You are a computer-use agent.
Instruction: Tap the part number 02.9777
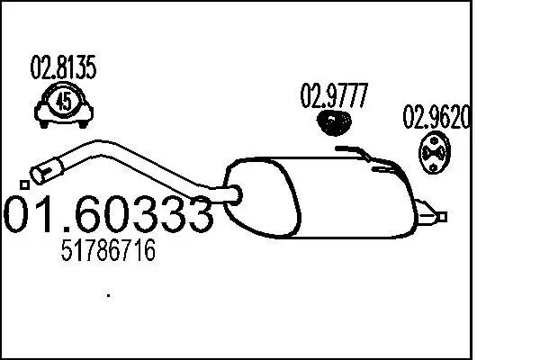point(334,96)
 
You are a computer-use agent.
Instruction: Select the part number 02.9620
point(436,117)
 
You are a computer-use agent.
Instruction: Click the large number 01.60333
point(108,214)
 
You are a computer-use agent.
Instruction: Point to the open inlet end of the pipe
point(42,169)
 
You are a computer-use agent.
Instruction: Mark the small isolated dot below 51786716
point(109,294)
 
